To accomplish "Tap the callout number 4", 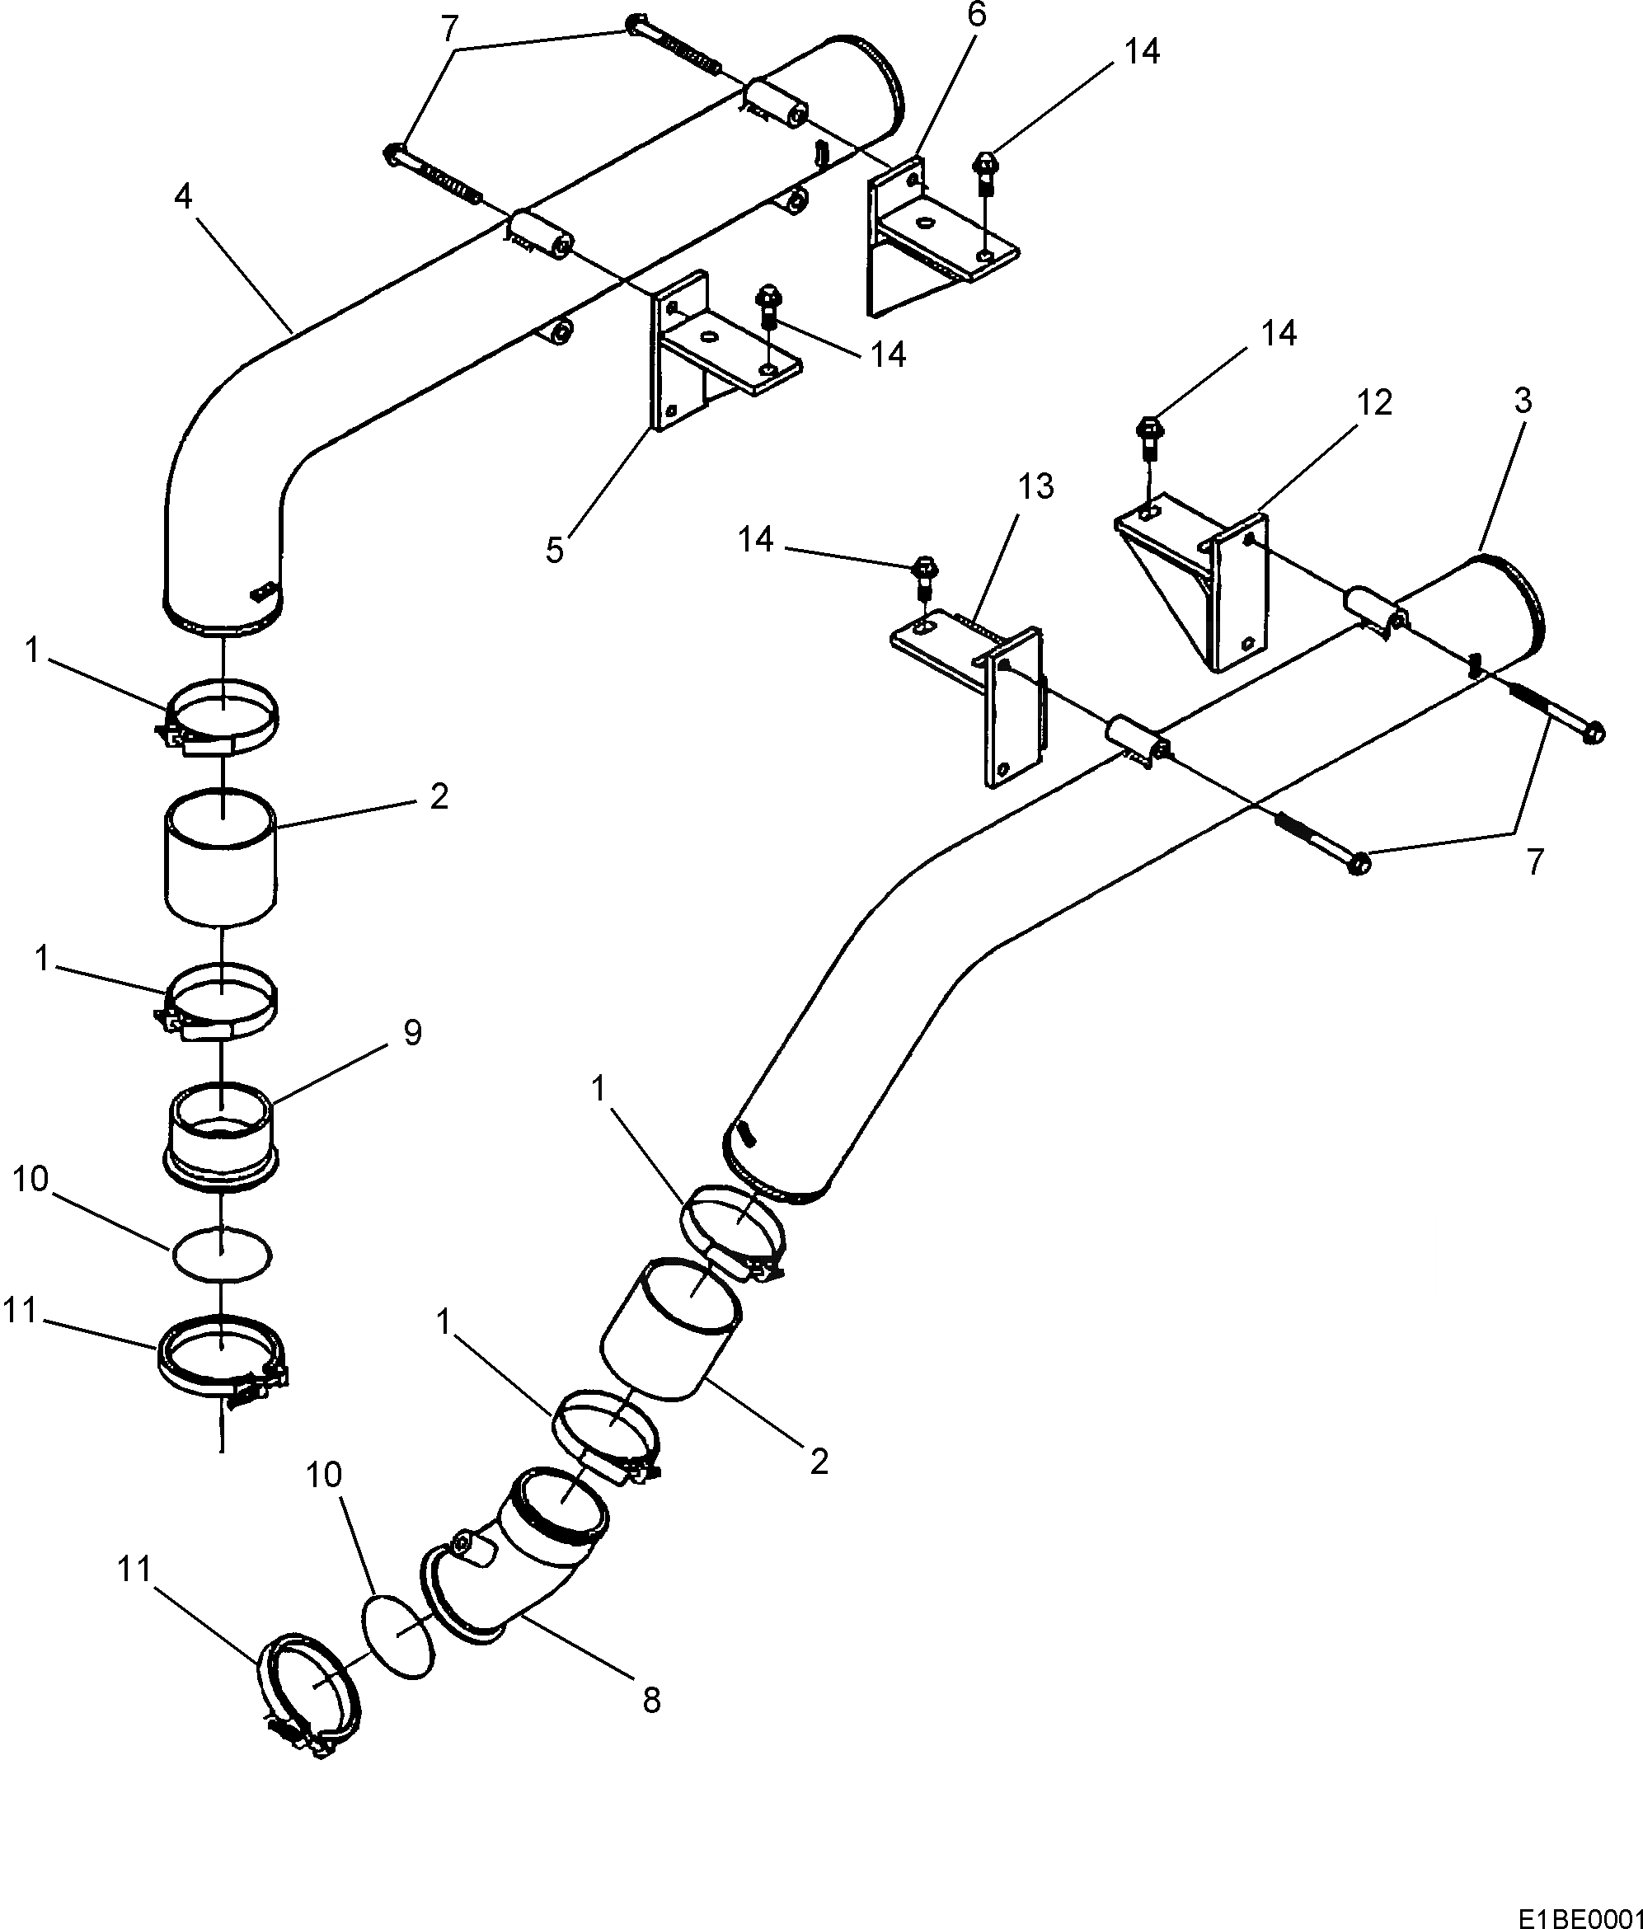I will click(183, 197).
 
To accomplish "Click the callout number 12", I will click(1374, 403).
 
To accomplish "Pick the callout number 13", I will click(1036, 487).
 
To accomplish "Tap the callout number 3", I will click(1523, 401).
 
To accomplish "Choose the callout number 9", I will click(412, 1032).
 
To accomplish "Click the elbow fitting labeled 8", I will click(521, 1574).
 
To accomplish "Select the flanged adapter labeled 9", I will click(222, 1136).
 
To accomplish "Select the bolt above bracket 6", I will click(985, 173).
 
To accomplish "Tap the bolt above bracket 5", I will click(770, 307).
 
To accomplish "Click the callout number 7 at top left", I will click(449, 30).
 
